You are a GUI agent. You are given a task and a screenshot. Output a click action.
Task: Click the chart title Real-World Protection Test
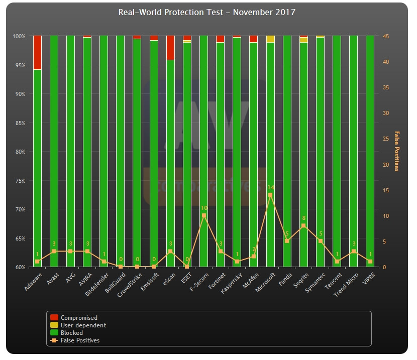point(206,12)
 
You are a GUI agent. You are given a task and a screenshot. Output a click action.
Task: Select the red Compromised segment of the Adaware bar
point(37,52)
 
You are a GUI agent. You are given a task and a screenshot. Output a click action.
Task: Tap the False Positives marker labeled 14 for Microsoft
point(270,195)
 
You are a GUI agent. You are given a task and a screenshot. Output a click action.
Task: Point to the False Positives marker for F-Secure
point(204,215)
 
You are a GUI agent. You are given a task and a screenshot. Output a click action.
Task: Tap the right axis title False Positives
point(396,151)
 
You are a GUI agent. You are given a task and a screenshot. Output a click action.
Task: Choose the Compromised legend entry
point(79,318)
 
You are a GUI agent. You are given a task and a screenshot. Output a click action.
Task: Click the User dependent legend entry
point(83,325)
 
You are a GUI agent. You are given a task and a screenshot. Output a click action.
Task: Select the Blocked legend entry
point(72,333)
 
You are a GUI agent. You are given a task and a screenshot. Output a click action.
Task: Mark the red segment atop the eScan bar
point(170,48)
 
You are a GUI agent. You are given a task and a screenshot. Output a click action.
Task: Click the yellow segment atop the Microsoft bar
point(270,39)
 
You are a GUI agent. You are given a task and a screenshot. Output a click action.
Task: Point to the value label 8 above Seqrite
point(304,218)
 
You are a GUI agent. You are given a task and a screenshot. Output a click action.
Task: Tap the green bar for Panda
point(287,151)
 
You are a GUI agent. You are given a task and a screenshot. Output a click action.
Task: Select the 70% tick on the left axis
point(19,209)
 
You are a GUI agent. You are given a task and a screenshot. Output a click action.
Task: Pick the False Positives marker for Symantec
point(321,241)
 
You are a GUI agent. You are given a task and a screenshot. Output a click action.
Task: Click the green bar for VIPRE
point(370,151)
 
